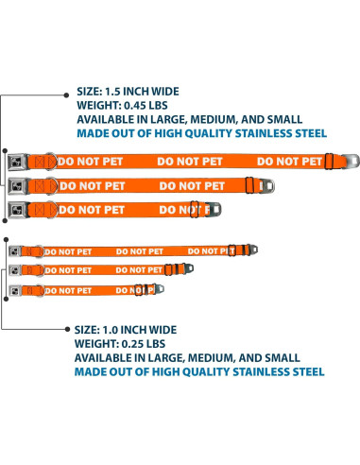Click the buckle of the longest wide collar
click(x=45, y=161)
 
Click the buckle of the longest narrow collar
click(x=17, y=250)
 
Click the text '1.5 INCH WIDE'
click(x=144, y=93)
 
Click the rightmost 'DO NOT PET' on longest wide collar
click(x=288, y=161)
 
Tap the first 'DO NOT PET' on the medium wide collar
click(x=91, y=185)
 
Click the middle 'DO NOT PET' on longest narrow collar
click(x=139, y=251)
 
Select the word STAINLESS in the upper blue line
click(x=256, y=134)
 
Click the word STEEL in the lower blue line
click(x=305, y=372)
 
